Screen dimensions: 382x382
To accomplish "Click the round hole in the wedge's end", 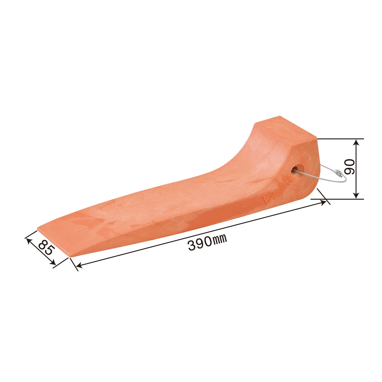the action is pos(298,171).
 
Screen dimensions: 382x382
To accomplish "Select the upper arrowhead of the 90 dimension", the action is pos(357,144).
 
